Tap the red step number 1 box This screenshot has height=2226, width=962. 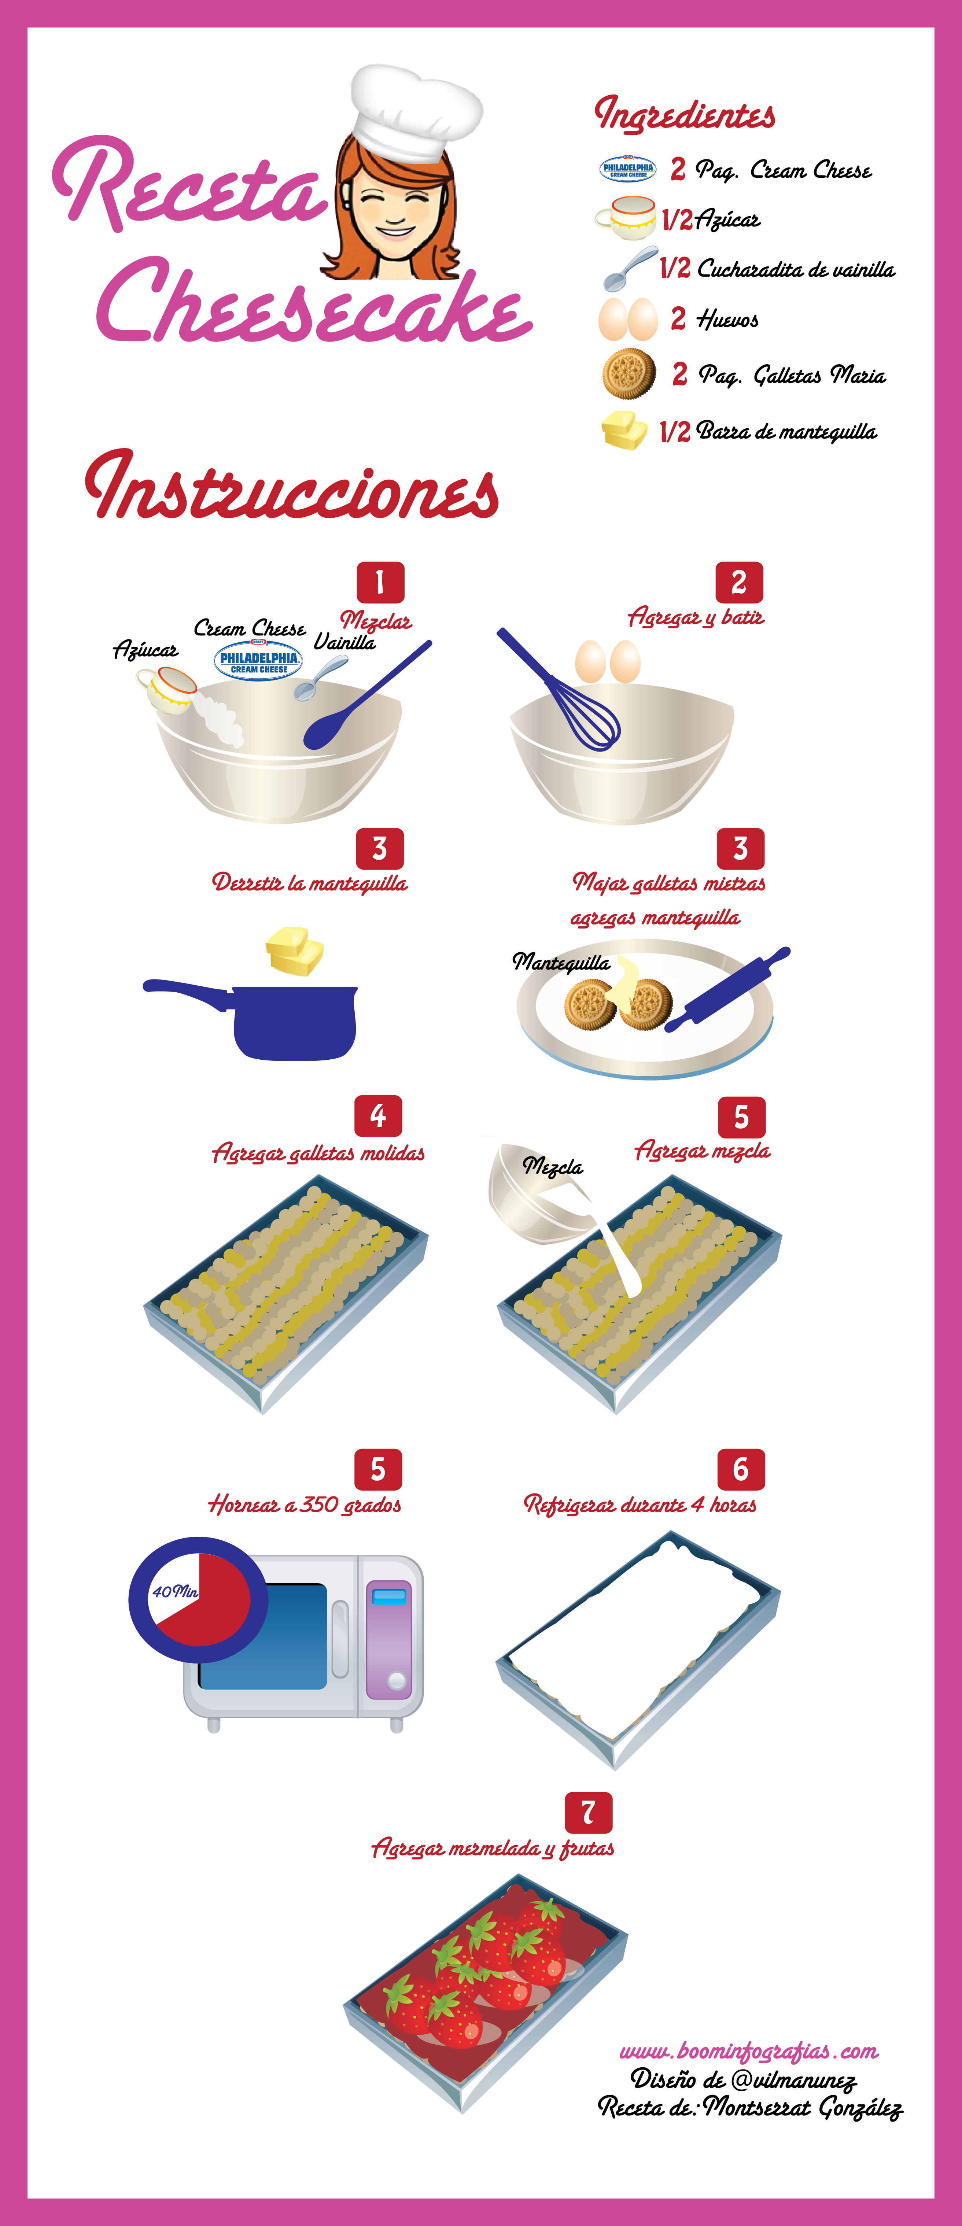(x=380, y=582)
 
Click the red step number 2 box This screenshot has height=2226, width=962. (x=739, y=582)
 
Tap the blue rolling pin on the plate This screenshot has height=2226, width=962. (x=728, y=989)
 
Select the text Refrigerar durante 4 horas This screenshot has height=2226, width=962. (x=640, y=1505)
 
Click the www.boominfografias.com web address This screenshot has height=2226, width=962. (x=748, y=2050)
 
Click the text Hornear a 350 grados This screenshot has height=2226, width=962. (x=304, y=1505)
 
